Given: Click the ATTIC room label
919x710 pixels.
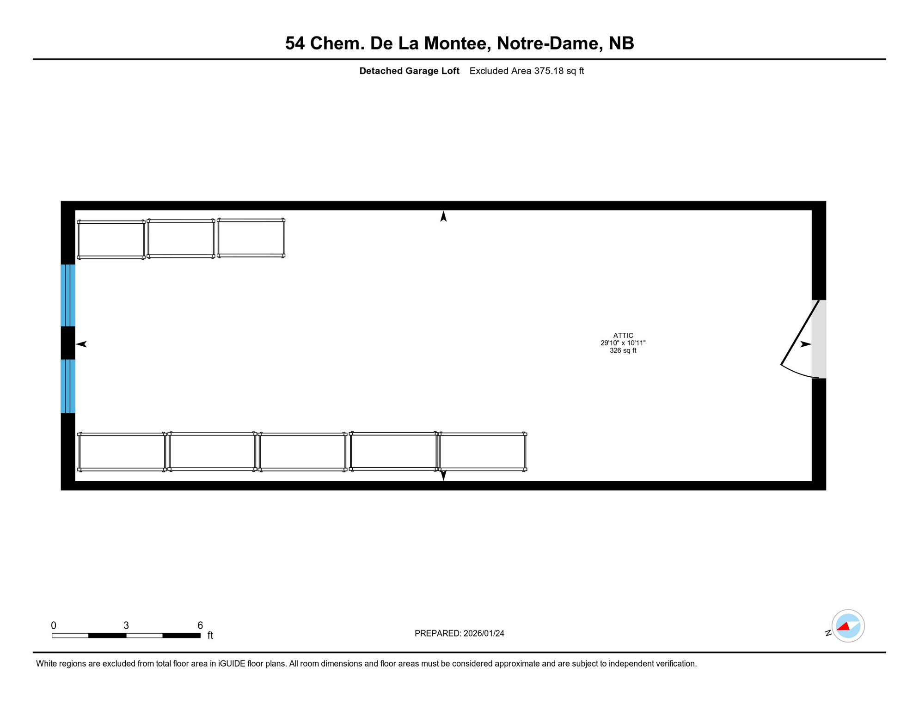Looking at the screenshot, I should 623,336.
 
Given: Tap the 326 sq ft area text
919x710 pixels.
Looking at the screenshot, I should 623,351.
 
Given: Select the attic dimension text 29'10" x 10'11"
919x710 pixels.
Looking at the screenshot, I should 623,343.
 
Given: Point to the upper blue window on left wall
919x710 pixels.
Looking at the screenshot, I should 68,295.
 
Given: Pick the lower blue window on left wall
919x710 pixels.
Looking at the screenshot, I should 68,386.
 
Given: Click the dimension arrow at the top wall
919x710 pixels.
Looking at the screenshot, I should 443,216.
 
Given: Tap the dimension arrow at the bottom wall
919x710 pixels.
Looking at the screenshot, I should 443,475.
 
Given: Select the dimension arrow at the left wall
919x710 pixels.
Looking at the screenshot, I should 81,344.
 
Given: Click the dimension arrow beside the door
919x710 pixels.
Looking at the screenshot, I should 805,344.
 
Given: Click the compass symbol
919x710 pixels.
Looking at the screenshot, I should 848,626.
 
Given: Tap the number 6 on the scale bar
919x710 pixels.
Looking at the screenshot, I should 200,625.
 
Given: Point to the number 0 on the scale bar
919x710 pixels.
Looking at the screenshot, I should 54,625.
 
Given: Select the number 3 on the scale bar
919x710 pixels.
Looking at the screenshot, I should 126,625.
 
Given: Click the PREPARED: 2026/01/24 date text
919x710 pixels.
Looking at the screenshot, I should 459,633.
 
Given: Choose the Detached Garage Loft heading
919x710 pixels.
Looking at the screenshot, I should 409,71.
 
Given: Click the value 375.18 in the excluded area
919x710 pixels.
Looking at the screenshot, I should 549,71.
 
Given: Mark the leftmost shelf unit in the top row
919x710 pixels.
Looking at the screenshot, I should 111,240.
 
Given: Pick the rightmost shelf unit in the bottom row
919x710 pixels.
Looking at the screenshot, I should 483,452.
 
